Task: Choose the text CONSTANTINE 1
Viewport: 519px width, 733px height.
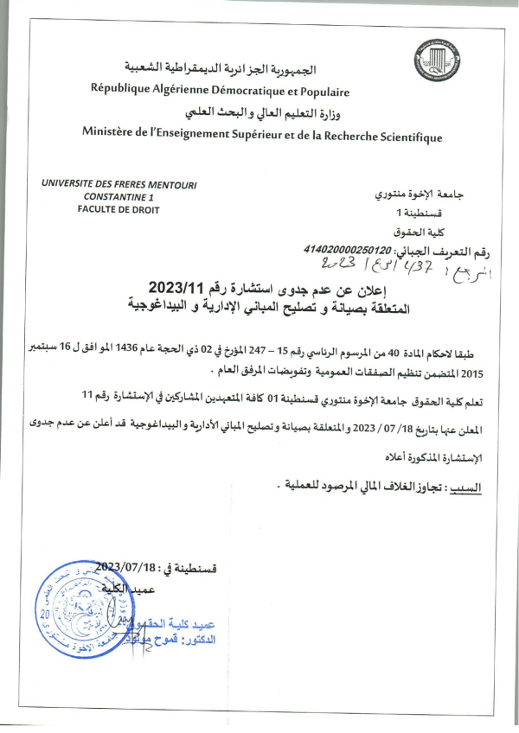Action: [113, 197]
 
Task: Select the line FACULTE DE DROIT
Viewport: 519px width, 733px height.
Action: [119, 209]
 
